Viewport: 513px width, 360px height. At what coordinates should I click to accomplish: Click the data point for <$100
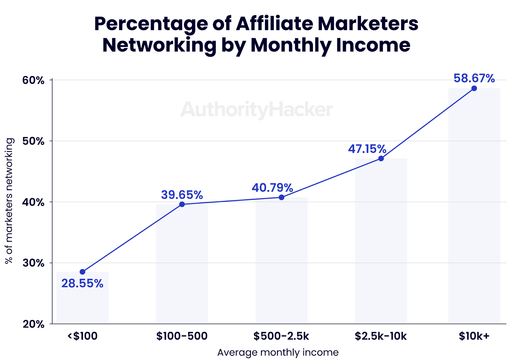pyautogui.click(x=82, y=272)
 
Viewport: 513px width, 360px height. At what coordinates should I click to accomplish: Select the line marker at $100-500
pyautogui.click(x=182, y=204)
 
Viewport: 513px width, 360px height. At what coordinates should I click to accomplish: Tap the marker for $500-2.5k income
pyautogui.click(x=281, y=197)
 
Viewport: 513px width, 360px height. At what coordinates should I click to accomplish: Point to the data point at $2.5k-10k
pyautogui.click(x=381, y=159)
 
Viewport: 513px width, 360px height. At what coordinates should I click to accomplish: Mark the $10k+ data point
pyautogui.click(x=474, y=88)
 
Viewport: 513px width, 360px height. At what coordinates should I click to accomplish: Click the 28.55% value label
pyautogui.click(x=82, y=284)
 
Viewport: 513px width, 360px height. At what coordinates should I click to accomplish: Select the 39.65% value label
pyautogui.click(x=182, y=195)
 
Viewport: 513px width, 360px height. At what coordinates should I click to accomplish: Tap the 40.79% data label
pyautogui.click(x=272, y=188)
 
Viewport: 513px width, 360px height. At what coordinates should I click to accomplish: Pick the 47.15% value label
pyautogui.click(x=367, y=149)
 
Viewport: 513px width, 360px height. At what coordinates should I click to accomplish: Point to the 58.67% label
pyautogui.click(x=474, y=78)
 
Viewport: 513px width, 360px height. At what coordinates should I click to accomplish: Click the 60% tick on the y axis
pyautogui.click(x=33, y=80)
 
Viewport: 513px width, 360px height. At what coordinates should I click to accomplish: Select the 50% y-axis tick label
pyautogui.click(x=33, y=141)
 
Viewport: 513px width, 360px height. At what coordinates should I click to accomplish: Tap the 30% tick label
pyautogui.click(x=33, y=263)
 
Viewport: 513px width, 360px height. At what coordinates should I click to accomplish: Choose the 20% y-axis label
pyautogui.click(x=33, y=324)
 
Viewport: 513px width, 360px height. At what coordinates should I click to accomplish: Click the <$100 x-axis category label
pyautogui.click(x=82, y=336)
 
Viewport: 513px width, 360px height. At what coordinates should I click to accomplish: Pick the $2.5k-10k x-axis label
pyautogui.click(x=381, y=336)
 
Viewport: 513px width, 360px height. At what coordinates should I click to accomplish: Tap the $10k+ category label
pyautogui.click(x=474, y=336)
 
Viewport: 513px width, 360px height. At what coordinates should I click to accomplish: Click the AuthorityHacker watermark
pyautogui.click(x=256, y=109)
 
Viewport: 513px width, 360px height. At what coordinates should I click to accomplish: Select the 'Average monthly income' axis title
pyautogui.click(x=278, y=352)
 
